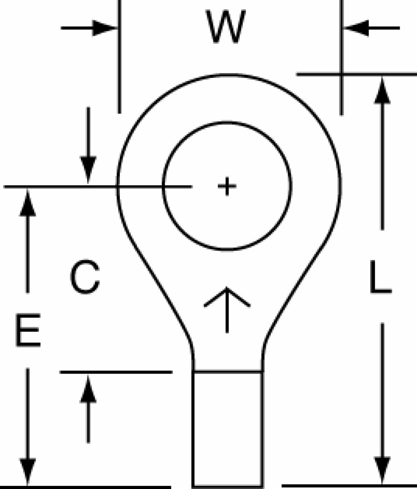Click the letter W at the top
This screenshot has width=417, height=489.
tap(226, 26)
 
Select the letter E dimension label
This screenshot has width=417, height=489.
tap(28, 330)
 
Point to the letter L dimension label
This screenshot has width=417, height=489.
tap(381, 277)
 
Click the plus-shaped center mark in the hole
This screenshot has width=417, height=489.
tap(227, 186)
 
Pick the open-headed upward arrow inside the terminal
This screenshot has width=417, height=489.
tap(227, 310)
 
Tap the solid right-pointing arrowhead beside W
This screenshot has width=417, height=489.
tap(104, 28)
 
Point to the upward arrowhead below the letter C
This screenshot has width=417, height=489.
tap(88, 389)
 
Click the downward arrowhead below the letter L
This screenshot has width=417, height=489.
tap(382, 470)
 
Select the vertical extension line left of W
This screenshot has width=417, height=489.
tap(120, 57)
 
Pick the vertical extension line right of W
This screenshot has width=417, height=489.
tap(341, 58)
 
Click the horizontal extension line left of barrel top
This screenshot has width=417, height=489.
tap(116, 372)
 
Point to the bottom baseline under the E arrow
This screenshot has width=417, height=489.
tap(85, 487)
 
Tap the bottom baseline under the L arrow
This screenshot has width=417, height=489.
tap(349, 486)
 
